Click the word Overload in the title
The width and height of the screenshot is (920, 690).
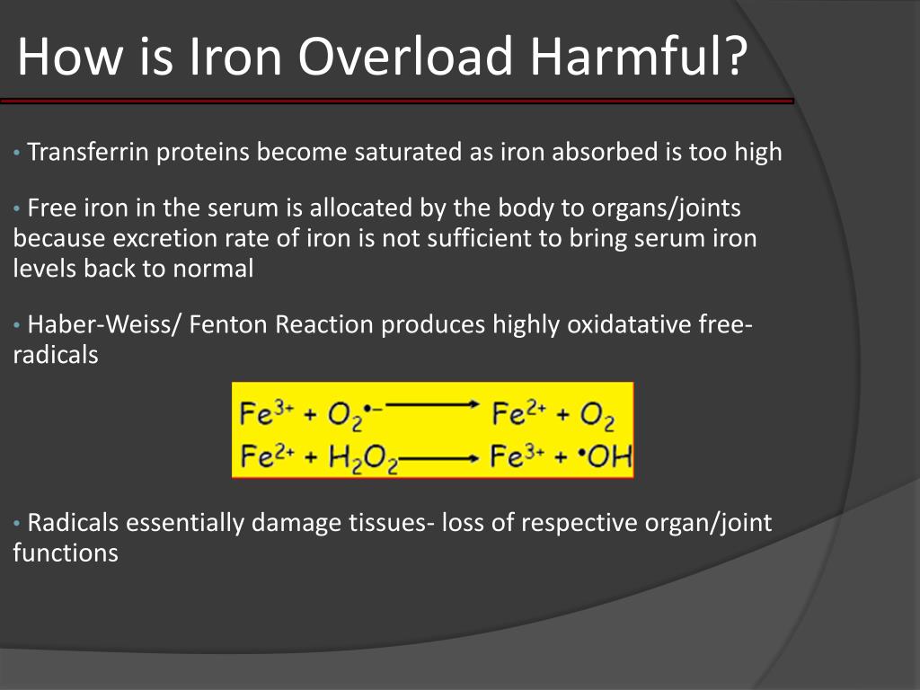[x=405, y=56]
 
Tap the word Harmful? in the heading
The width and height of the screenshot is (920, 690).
[x=637, y=56]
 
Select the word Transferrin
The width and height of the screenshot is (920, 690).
[x=90, y=152]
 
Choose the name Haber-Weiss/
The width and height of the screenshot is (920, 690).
[x=108, y=324]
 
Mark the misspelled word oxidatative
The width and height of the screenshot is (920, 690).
[x=628, y=324]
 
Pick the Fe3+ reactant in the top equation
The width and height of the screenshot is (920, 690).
[x=265, y=413]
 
